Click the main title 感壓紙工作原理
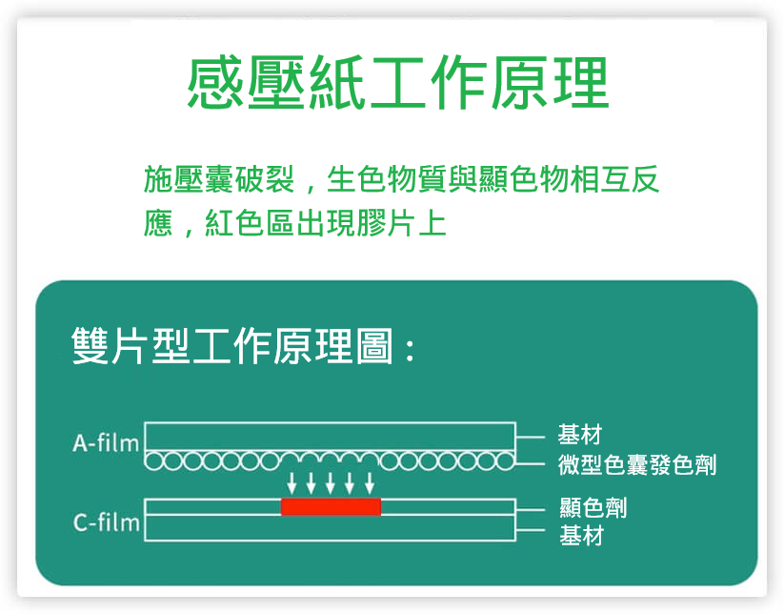(x=398, y=83)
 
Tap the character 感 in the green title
(x=216, y=83)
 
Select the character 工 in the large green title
(x=398, y=83)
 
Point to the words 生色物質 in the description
(x=387, y=179)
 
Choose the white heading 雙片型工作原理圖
(x=232, y=346)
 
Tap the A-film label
(x=106, y=442)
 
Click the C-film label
(x=106, y=522)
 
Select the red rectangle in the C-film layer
(x=331, y=506)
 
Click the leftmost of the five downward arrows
(x=292, y=482)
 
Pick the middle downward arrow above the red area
(x=330, y=482)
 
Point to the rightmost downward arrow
(x=370, y=482)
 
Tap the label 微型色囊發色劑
(x=637, y=465)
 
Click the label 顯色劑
(x=593, y=508)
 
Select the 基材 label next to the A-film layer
(x=580, y=435)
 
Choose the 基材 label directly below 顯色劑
(x=581, y=536)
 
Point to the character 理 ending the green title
(x=580, y=83)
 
